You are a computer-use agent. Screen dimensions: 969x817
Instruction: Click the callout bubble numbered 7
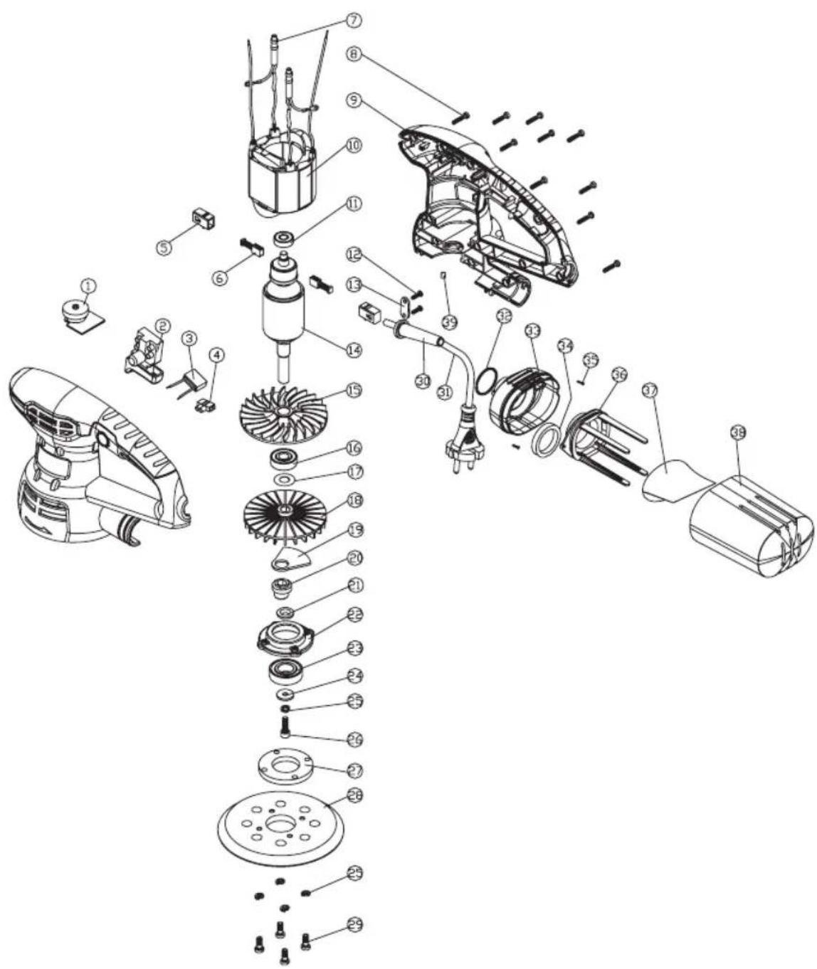[x=351, y=19]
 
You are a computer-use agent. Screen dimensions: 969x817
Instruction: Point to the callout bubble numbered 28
[x=354, y=796]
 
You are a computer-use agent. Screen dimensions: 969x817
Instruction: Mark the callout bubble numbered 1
[x=88, y=285]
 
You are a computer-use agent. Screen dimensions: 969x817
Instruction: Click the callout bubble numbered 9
[x=353, y=101]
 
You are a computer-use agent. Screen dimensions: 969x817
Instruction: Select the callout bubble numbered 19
[x=354, y=529]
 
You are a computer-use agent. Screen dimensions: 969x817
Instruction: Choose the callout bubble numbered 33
[x=533, y=332]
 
